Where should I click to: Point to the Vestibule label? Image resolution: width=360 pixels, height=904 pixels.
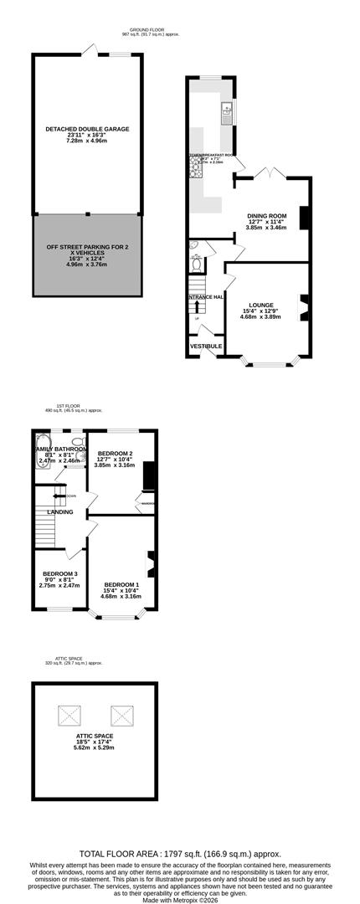point(206,346)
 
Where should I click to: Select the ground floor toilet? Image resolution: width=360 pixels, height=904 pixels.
point(196,265)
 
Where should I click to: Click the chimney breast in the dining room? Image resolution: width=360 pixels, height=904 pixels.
point(305,217)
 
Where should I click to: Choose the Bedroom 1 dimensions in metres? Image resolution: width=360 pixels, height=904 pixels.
point(122,597)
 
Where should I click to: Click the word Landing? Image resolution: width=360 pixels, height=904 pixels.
point(59,511)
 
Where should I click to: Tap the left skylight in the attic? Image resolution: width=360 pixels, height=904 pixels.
point(69,715)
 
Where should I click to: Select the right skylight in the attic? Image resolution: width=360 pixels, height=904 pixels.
point(122,715)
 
